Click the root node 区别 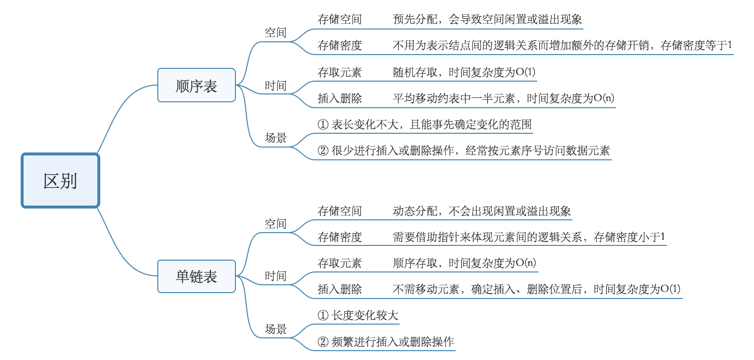60,181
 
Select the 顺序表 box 196,86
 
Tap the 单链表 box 196,276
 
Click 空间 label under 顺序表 275,32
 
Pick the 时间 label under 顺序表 275,86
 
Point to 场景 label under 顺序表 275,138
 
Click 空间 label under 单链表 275,224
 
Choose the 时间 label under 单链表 275,276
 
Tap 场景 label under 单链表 275,329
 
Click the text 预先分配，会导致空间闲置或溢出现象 487,20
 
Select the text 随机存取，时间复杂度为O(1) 464,72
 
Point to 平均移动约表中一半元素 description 503,98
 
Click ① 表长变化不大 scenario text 425,125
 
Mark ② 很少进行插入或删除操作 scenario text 464,151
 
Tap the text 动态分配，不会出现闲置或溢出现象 482,211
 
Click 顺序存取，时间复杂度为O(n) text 464,263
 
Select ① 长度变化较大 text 358,316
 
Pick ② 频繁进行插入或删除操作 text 386,342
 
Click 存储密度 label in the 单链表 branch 340,237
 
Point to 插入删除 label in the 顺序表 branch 340,98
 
